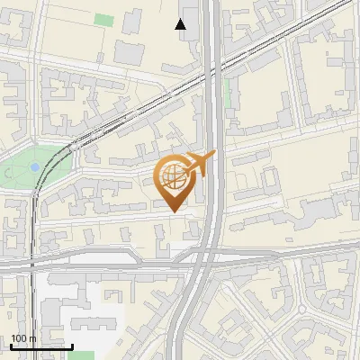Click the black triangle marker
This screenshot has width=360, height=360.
[181, 24]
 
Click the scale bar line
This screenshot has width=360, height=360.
[41, 346]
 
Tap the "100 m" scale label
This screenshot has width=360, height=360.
[22, 338]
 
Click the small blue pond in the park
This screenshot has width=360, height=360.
[34, 166]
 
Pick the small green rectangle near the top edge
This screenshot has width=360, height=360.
[105, 19]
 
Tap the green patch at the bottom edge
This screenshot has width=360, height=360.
[80, 355]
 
